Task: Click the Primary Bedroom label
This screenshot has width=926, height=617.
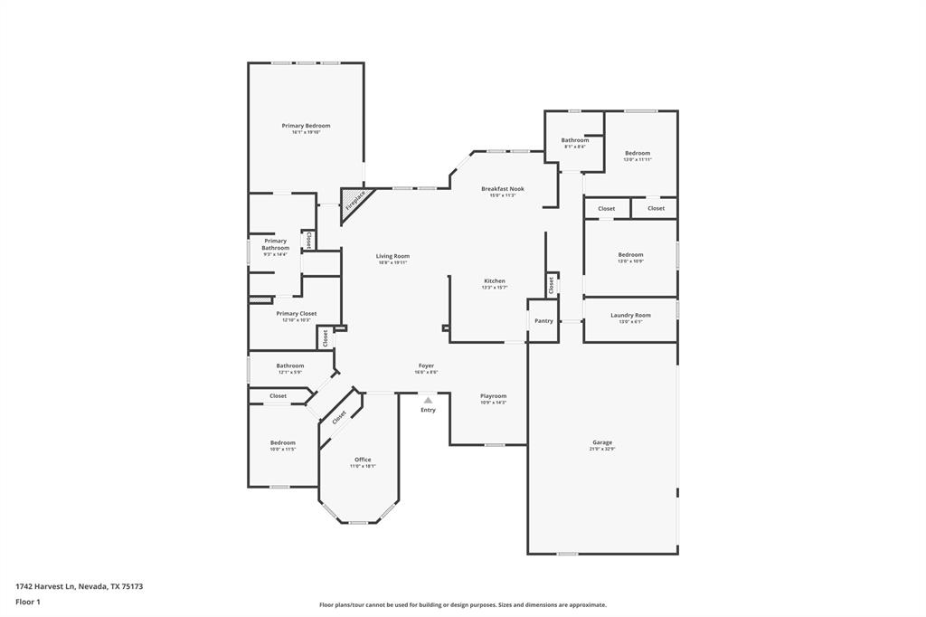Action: pyautogui.click(x=306, y=126)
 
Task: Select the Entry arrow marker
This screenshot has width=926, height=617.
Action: pyautogui.click(x=428, y=400)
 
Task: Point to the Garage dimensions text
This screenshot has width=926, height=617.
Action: pyautogui.click(x=602, y=449)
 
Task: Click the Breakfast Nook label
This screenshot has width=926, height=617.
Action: pyautogui.click(x=502, y=189)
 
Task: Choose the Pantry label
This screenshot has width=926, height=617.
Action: pyautogui.click(x=543, y=320)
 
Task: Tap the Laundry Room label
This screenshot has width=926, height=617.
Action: pyautogui.click(x=630, y=315)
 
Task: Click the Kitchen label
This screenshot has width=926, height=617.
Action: pyautogui.click(x=494, y=281)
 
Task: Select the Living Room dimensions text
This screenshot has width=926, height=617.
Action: pyautogui.click(x=392, y=262)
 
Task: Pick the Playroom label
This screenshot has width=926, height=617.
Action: pyautogui.click(x=493, y=395)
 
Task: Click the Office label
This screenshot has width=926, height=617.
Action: pyautogui.click(x=363, y=460)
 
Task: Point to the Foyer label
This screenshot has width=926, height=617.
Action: pyautogui.click(x=425, y=365)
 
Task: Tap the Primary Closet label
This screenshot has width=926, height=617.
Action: pyautogui.click(x=296, y=313)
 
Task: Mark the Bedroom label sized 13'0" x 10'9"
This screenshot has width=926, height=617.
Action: pyautogui.click(x=630, y=255)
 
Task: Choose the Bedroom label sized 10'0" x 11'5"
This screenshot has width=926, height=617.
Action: pyautogui.click(x=283, y=442)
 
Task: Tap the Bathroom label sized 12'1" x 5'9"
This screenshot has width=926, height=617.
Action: pyautogui.click(x=290, y=365)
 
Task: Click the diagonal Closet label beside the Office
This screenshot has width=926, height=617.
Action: pyautogui.click(x=339, y=417)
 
